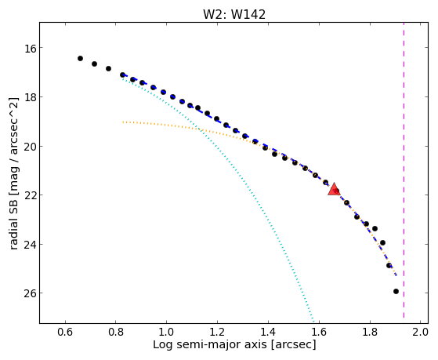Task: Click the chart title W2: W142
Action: point(234,14)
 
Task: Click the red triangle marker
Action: point(334,189)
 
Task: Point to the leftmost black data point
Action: point(80,59)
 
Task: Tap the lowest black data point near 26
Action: point(396,292)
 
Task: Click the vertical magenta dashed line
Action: point(404,170)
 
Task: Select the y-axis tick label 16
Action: point(31,48)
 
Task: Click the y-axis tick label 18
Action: point(31,97)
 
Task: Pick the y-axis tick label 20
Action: point(31,147)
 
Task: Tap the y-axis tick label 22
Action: point(31,195)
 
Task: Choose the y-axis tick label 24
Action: point(31,244)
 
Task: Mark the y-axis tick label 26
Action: point(31,293)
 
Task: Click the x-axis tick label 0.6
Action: point(65,332)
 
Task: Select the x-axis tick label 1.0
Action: point(166,332)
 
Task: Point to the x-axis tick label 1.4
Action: point(268,332)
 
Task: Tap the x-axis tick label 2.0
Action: point(421,332)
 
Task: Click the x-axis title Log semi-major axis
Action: point(210,344)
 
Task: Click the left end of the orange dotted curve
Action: point(123,122)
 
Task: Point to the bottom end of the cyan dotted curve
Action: point(313,322)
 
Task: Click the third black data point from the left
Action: point(108,68)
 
